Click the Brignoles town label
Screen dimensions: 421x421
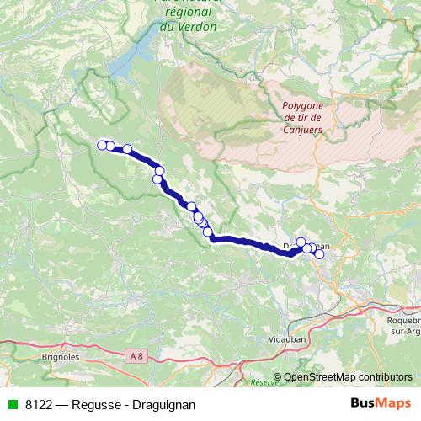pos(59,356)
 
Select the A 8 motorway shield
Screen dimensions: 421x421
pos(137,357)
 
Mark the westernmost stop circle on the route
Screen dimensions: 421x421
pos(102,145)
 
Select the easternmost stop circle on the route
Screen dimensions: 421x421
pos(319,253)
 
